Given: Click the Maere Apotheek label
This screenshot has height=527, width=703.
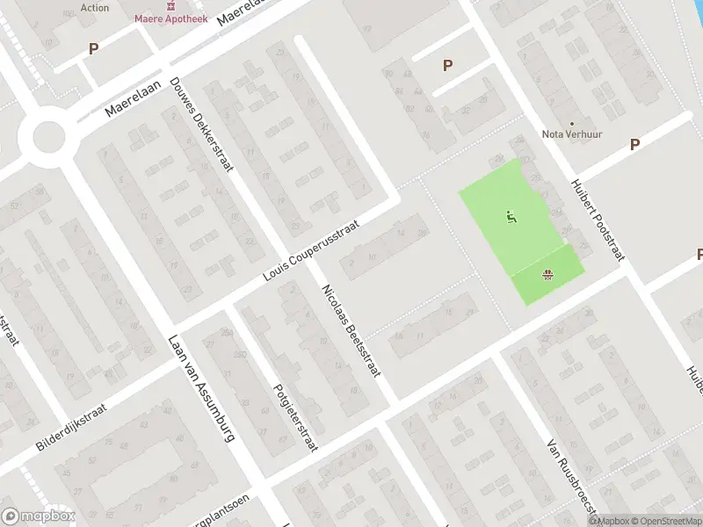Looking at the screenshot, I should point(170,18).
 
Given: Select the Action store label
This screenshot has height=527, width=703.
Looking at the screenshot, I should point(95,7).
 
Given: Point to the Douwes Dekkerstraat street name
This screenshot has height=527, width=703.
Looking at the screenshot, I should point(200,124).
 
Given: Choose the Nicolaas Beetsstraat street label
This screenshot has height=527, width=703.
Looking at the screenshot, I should point(351,331).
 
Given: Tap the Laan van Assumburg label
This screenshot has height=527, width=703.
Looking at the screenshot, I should point(201,389).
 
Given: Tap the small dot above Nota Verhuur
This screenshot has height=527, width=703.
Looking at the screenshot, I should point(571,124).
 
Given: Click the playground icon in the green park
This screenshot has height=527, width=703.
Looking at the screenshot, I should point(510,215).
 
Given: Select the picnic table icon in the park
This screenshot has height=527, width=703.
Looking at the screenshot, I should point(549,276).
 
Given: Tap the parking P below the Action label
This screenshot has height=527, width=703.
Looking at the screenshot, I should point(92,49).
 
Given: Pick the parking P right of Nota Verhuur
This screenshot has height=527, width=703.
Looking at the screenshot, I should point(634,144).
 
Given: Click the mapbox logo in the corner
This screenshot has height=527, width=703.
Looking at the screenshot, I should point(39,516).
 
